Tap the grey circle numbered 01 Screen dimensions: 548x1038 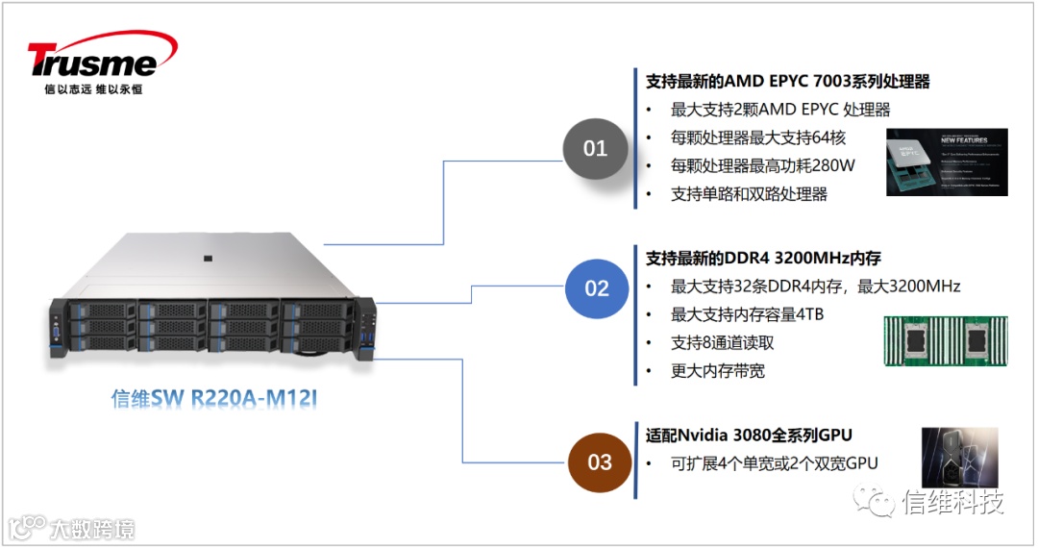[x=596, y=148]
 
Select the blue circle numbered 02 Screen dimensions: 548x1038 [x=597, y=287]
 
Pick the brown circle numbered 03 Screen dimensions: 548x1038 [x=599, y=461]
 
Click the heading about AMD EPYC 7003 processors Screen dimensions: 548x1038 [x=788, y=82]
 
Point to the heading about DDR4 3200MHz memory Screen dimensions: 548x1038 [x=763, y=258]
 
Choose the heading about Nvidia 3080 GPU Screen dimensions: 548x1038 [x=749, y=435]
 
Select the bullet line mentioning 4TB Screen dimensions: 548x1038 [x=747, y=315]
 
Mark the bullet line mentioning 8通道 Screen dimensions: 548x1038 [x=722, y=343]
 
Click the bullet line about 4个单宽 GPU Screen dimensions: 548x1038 [x=774, y=463]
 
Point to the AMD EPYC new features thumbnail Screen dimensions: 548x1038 [x=947, y=162]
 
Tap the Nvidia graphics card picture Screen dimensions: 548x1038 [x=959, y=458]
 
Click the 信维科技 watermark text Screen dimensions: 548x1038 [x=952, y=501]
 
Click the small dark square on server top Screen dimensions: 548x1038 [x=207, y=257]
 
